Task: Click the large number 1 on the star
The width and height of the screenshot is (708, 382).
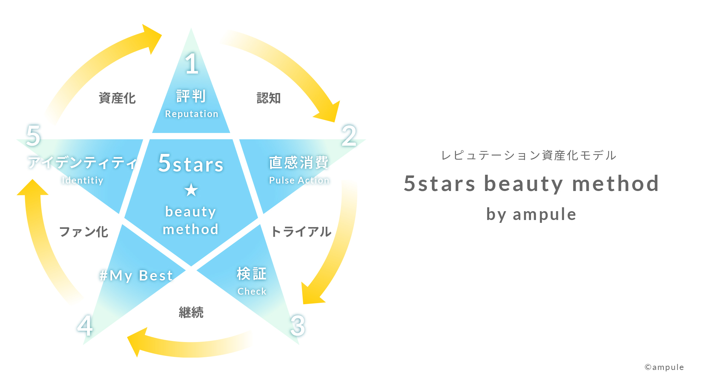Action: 192,64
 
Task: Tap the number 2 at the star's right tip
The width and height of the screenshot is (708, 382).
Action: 349,135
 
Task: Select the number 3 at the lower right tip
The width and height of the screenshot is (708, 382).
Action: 298,325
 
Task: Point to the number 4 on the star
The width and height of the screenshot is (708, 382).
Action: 85,325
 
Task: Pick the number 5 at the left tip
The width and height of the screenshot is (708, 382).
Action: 33,135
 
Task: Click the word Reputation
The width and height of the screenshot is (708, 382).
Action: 192,114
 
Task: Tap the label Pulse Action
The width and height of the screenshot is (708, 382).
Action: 299,180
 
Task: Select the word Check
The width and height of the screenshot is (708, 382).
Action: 252,291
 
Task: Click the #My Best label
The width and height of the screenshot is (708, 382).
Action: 136,276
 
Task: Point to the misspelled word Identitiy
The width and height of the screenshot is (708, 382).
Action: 82,180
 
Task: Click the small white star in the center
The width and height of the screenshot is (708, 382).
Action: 191,190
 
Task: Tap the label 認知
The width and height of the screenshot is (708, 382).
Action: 269,98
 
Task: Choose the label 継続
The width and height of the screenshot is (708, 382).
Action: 191,312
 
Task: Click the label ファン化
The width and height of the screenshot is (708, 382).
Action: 84,232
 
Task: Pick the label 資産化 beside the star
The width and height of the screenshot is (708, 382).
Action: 117,98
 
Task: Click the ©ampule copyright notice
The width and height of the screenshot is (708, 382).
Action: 664,367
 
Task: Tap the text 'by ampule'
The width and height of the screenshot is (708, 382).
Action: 531,214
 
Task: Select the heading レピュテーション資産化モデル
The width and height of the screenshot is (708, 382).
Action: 529,155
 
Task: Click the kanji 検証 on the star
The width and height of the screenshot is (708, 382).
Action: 252,273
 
